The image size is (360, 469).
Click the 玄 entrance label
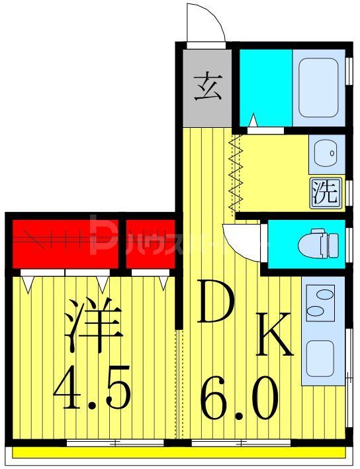(x=206, y=87)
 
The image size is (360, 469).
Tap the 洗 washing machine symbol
(x=325, y=191)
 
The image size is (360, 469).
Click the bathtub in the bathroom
(x=318, y=87)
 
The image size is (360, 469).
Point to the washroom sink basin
(x=324, y=154)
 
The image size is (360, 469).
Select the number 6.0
(x=238, y=397)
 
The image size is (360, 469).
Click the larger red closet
(x=64, y=242)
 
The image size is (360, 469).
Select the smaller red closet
(x=149, y=242)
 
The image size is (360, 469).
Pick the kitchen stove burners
(x=324, y=301)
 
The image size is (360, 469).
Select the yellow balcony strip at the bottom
(x=179, y=453)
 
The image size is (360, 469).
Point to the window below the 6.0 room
(x=242, y=442)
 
